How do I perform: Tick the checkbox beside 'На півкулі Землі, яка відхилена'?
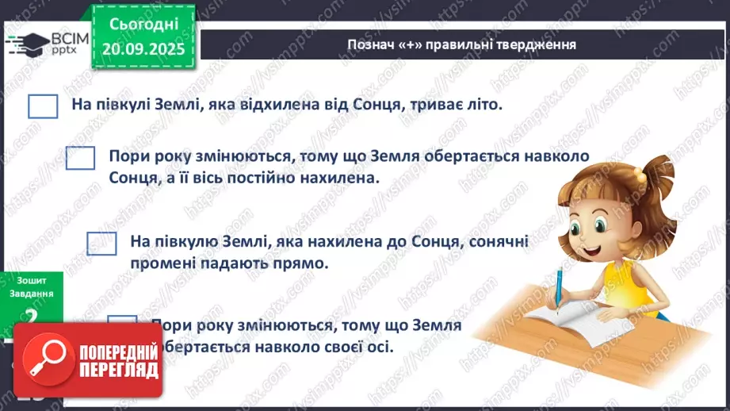(43, 106)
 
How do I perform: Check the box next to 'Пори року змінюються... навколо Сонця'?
(80, 158)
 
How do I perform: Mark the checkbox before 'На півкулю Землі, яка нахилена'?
(101, 243)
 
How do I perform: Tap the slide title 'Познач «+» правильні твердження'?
(461, 44)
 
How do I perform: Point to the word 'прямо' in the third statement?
(305, 262)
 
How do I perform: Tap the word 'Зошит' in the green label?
(30, 279)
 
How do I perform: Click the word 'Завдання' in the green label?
(31, 292)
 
